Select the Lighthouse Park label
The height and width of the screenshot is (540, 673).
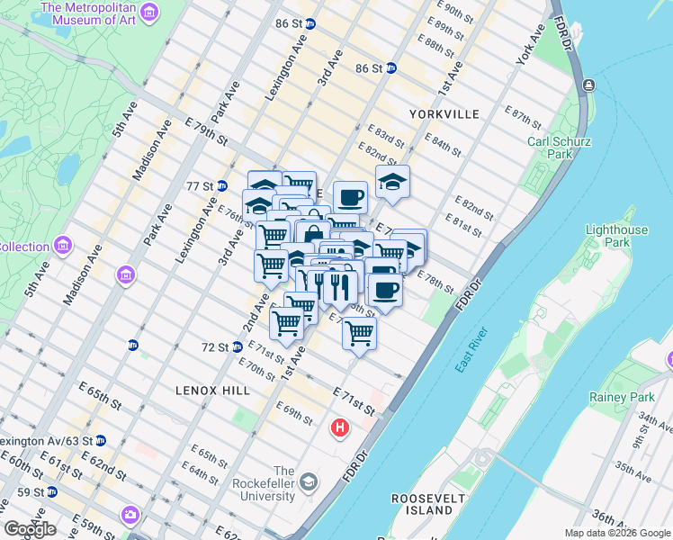click(616, 236)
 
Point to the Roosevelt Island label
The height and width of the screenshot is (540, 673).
click(422, 504)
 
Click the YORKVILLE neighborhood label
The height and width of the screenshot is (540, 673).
click(444, 114)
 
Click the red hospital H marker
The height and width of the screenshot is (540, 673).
click(340, 426)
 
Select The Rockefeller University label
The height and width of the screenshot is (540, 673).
click(283, 483)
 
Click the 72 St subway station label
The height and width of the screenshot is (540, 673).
click(214, 346)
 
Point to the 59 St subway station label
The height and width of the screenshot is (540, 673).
click(31, 492)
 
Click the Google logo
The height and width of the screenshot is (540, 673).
click(30, 529)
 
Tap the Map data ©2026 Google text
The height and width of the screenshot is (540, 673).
click(617, 533)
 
